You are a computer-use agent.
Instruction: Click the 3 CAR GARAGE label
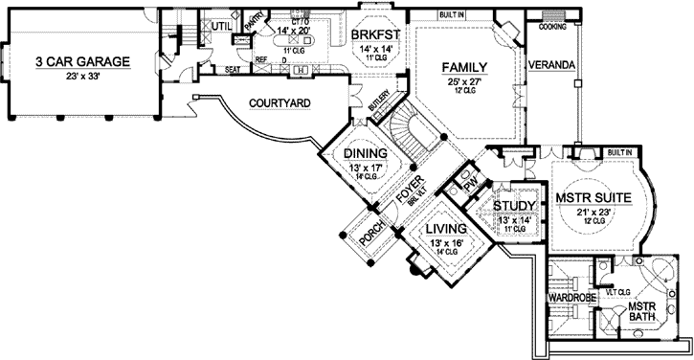pos(82,62)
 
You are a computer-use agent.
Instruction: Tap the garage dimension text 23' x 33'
pos(82,76)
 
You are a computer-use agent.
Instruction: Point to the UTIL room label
pos(221,25)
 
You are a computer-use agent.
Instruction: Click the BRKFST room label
pos(374,34)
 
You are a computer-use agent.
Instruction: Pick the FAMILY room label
pos(465,67)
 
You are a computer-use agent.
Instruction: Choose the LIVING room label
pos(445,230)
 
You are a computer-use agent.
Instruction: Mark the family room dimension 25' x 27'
pos(465,81)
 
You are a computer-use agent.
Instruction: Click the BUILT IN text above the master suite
pos(620,152)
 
